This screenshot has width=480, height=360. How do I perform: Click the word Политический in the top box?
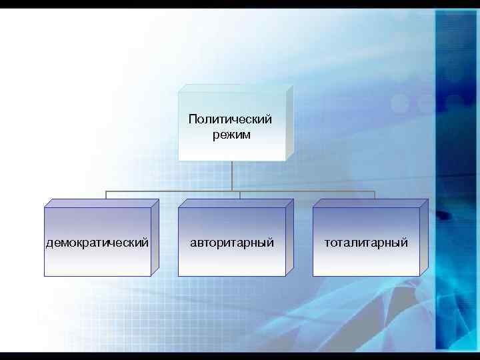230,119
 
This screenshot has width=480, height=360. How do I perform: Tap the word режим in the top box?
231,135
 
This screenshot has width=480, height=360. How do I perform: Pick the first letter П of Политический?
192,119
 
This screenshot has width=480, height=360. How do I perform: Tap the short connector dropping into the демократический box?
106,195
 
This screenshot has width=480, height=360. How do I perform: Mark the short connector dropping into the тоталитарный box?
375,195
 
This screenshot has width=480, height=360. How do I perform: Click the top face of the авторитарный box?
235,203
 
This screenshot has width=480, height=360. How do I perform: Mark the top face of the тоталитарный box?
370,203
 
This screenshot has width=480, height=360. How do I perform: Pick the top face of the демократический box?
101,203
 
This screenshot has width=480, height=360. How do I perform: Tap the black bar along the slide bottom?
240,356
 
